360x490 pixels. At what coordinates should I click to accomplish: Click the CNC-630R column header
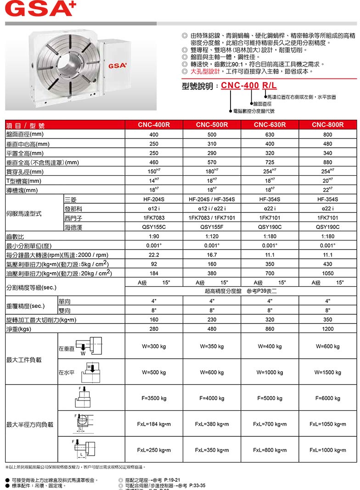[x=270, y=125]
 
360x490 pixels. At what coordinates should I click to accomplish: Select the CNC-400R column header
[x=154, y=125]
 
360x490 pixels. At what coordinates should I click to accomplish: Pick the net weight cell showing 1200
[x=327, y=329]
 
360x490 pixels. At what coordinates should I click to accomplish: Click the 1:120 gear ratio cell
[x=212, y=236]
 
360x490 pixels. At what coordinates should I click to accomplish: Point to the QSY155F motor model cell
[x=212, y=227]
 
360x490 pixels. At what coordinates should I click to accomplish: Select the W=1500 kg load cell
[x=327, y=372]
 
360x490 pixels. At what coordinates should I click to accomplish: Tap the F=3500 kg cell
[x=154, y=398]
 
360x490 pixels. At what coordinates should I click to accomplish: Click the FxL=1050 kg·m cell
[x=327, y=424]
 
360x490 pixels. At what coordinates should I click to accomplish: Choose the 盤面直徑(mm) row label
[x=25, y=134]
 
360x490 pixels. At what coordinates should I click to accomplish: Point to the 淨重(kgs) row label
[x=18, y=329]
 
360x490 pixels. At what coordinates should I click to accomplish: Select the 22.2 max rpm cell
[x=154, y=255]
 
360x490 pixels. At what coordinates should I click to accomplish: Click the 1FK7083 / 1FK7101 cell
[x=212, y=217]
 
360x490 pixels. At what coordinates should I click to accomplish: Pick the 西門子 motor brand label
[x=71, y=217]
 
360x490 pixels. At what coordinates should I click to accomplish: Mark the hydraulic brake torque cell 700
[x=270, y=273]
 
